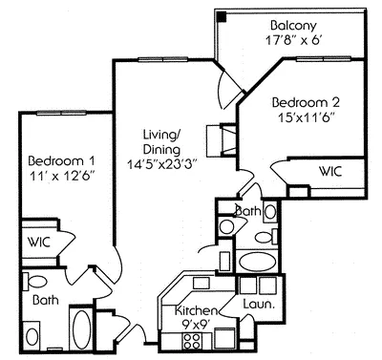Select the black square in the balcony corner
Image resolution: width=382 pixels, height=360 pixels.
[223, 16]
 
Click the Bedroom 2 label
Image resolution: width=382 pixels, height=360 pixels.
[307, 101]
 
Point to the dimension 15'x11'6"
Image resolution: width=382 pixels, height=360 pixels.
[307, 118]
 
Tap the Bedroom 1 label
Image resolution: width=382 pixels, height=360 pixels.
[59, 159]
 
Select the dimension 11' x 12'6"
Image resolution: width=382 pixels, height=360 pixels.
[59, 178]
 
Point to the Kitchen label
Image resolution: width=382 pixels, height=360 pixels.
[195, 310]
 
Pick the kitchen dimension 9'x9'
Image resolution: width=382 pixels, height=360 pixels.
[195, 326]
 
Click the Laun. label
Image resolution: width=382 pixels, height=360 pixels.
[260, 305]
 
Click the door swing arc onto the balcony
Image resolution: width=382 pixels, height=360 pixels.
[225, 91]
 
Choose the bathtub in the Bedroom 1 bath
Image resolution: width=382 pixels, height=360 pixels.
[80, 330]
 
